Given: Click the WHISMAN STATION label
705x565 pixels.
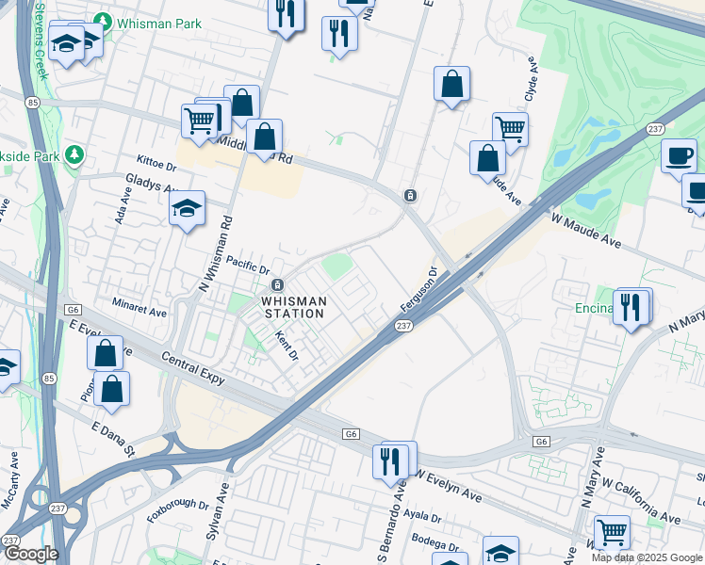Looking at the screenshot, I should (295, 307).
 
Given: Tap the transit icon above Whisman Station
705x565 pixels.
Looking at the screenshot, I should (278, 285).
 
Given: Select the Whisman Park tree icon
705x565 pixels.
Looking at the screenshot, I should (101, 21).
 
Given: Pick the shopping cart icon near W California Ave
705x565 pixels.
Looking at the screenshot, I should (612, 532).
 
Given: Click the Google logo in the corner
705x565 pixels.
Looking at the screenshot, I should (30, 554).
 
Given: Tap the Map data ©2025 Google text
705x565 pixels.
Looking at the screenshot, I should (647, 557).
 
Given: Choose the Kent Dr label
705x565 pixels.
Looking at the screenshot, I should (286, 345).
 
